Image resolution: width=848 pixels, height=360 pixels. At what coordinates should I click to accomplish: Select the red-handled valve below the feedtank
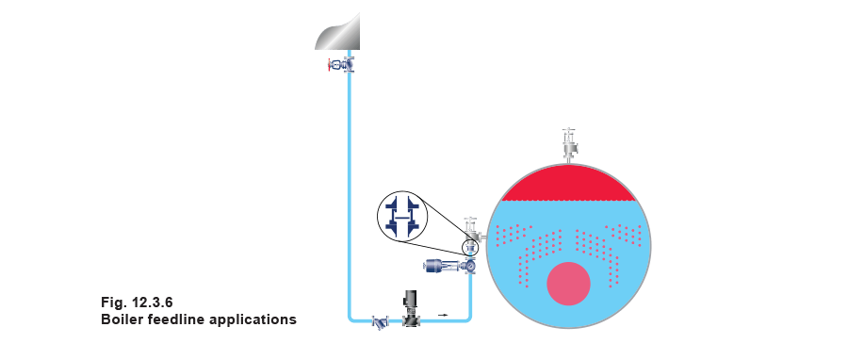pyautogui.click(x=342, y=66)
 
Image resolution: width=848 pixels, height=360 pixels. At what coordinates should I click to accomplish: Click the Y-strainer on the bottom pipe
pyautogui.click(x=381, y=323)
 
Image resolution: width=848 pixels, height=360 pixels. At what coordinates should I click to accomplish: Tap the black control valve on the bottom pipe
pyautogui.click(x=412, y=308)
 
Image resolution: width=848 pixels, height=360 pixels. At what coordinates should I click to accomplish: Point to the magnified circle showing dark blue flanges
pyautogui.click(x=402, y=216)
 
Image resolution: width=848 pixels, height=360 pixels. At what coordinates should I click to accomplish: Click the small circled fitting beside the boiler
pyautogui.click(x=470, y=248)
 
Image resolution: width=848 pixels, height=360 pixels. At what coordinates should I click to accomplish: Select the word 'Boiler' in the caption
pyautogui.click(x=122, y=319)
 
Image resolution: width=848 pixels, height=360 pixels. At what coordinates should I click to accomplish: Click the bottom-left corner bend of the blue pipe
pyautogui.click(x=351, y=319)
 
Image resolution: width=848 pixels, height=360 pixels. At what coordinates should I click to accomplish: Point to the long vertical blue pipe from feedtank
pyautogui.click(x=349, y=188)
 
